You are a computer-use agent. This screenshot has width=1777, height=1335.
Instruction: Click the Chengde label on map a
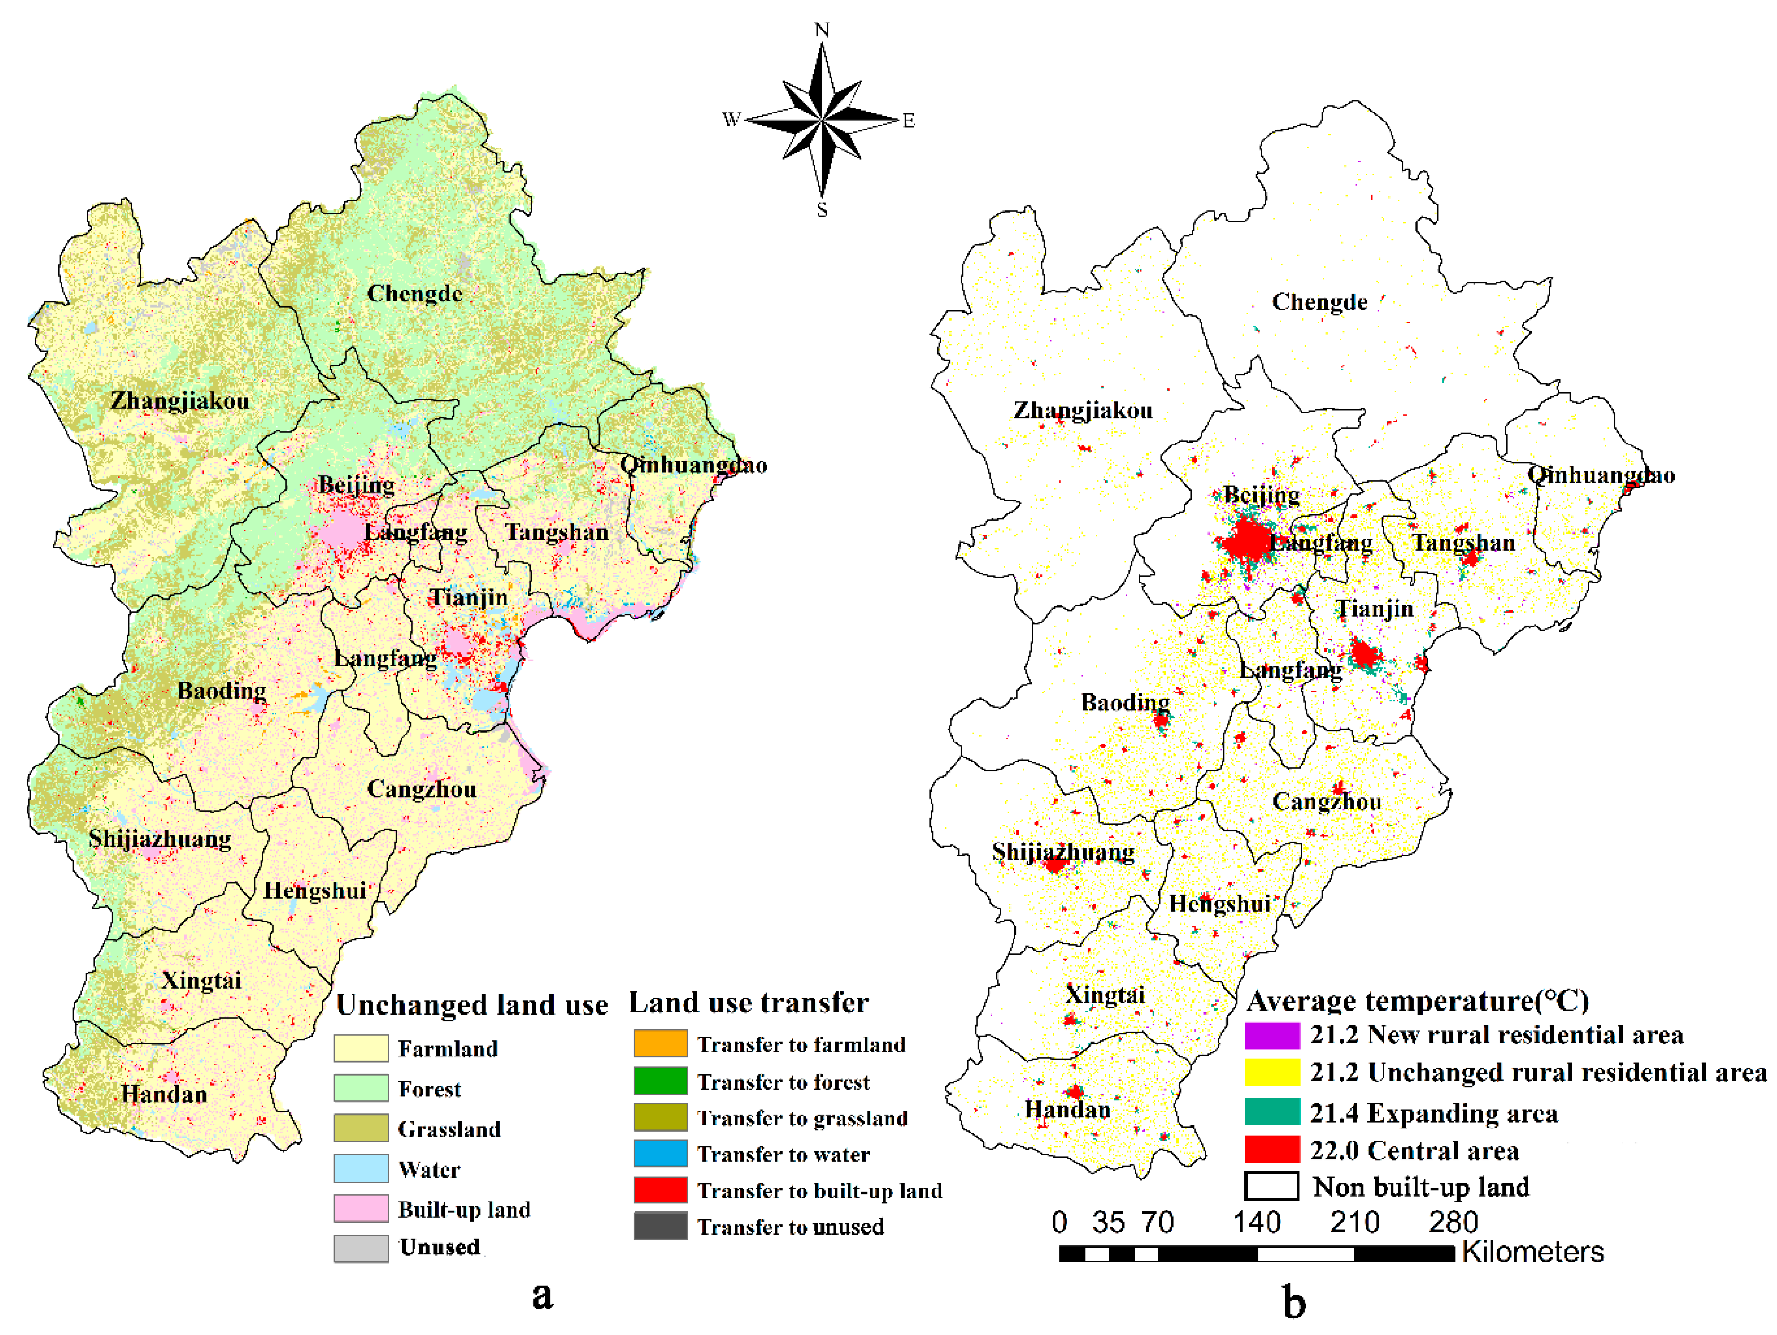(414, 294)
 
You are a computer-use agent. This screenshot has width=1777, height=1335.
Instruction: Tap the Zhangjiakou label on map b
(1083, 411)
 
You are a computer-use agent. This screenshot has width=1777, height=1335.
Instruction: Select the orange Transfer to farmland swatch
(660, 1043)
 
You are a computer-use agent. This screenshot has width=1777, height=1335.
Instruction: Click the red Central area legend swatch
(1271, 1149)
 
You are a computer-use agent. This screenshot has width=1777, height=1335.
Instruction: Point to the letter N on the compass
(822, 30)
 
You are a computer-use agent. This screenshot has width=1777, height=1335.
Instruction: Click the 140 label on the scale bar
(1257, 1222)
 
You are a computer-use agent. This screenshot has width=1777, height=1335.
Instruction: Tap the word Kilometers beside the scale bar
(1532, 1251)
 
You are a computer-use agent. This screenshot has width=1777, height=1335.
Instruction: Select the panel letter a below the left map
(543, 1294)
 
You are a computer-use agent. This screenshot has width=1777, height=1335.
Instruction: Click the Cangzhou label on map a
(422, 789)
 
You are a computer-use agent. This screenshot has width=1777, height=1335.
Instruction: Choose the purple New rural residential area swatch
(1271, 1035)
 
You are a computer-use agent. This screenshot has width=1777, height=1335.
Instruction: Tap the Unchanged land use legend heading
(472, 1005)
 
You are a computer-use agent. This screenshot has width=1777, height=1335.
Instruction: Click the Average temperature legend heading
(1417, 1001)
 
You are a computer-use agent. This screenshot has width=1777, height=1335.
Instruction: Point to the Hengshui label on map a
(315, 890)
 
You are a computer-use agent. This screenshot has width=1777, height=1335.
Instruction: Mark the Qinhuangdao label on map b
(1600, 475)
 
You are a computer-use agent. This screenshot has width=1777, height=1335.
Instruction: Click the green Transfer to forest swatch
(660, 1080)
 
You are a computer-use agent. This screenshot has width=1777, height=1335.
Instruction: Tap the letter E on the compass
(908, 121)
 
